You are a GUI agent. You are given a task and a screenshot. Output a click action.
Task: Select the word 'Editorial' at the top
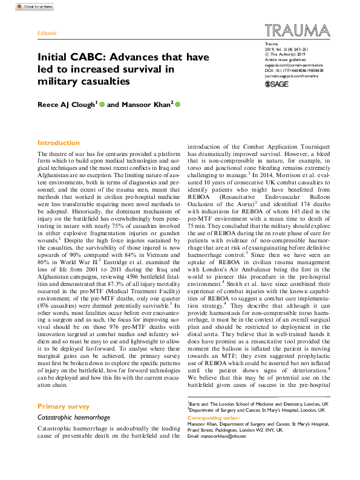pos(47,33)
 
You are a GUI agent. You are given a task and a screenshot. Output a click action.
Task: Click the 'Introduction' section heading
pos(59,143)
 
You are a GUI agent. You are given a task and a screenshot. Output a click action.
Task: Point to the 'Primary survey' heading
pos(63,406)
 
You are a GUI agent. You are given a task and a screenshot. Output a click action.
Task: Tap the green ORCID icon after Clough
pos(102,105)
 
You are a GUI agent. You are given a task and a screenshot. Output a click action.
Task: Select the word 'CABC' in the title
pos(88,58)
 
